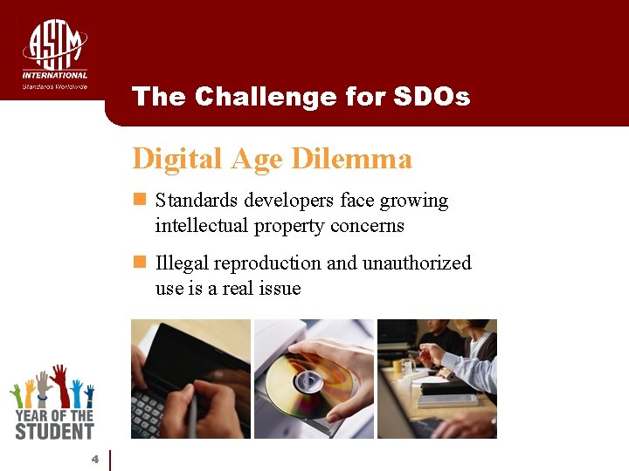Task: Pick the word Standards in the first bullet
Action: coord(197,201)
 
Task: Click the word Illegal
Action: coord(181,263)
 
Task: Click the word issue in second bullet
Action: coord(279,289)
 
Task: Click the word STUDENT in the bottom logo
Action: coord(53,430)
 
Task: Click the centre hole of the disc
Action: coord(307,381)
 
